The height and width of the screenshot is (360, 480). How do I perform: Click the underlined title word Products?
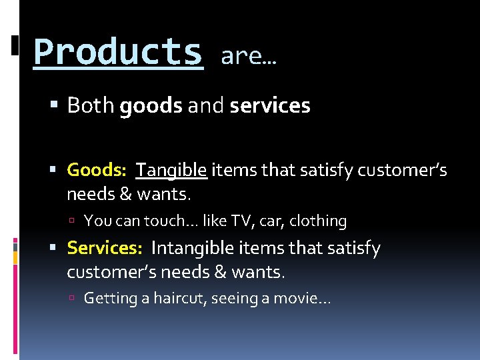click(x=118, y=51)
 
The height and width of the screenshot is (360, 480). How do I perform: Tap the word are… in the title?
click(x=248, y=57)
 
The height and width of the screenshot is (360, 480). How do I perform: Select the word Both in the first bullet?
click(x=91, y=105)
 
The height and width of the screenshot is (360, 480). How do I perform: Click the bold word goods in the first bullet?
click(x=151, y=106)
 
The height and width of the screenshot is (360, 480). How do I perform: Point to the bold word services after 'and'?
click(x=270, y=105)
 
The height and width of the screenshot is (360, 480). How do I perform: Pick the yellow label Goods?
click(x=97, y=171)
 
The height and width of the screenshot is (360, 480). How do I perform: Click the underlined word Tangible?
click(x=172, y=171)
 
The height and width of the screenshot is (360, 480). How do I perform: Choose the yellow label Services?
click(x=105, y=248)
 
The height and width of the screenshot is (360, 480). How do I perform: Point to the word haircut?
click(x=180, y=299)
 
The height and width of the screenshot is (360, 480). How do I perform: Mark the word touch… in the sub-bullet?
click(x=171, y=221)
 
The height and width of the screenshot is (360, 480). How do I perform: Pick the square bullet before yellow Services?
click(x=55, y=249)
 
